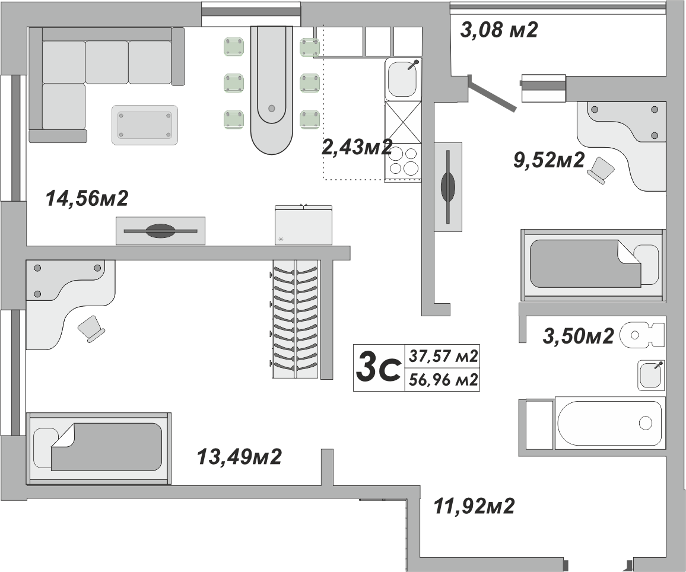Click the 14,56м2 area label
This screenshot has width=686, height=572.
click(x=87, y=199)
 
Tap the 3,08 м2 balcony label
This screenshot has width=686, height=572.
click(x=498, y=30)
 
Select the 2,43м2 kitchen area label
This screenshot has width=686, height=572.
click(x=356, y=147)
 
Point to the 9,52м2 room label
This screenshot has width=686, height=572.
click(x=549, y=160)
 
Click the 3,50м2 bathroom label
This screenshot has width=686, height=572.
click(x=578, y=336)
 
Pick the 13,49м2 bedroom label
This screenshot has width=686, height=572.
click(x=239, y=456)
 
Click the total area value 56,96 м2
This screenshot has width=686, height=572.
click(x=443, y=380)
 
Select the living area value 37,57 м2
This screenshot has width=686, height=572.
click(x=443, y=356)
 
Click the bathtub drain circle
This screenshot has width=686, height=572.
click(x=645, y=423)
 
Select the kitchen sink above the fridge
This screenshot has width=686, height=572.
click(x=402, y=79)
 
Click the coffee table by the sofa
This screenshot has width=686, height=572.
click(x=145, y=125)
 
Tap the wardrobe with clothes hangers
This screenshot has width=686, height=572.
click(x=295, y=319)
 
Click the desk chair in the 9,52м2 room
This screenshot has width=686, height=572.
click(x=601, y=170)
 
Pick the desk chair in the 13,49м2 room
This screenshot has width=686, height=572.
click(x=91, y=328)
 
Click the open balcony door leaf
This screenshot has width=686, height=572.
click(x=492, y=93)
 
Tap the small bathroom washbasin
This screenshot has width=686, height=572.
click(x=651, y=375)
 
